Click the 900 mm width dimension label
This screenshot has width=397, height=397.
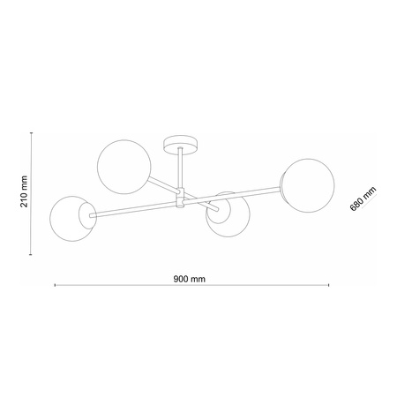point(190,278)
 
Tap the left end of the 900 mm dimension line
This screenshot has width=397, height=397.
point(56,287)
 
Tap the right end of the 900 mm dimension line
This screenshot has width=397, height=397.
point(329,287)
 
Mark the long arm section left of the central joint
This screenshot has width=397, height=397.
point(132,209)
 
